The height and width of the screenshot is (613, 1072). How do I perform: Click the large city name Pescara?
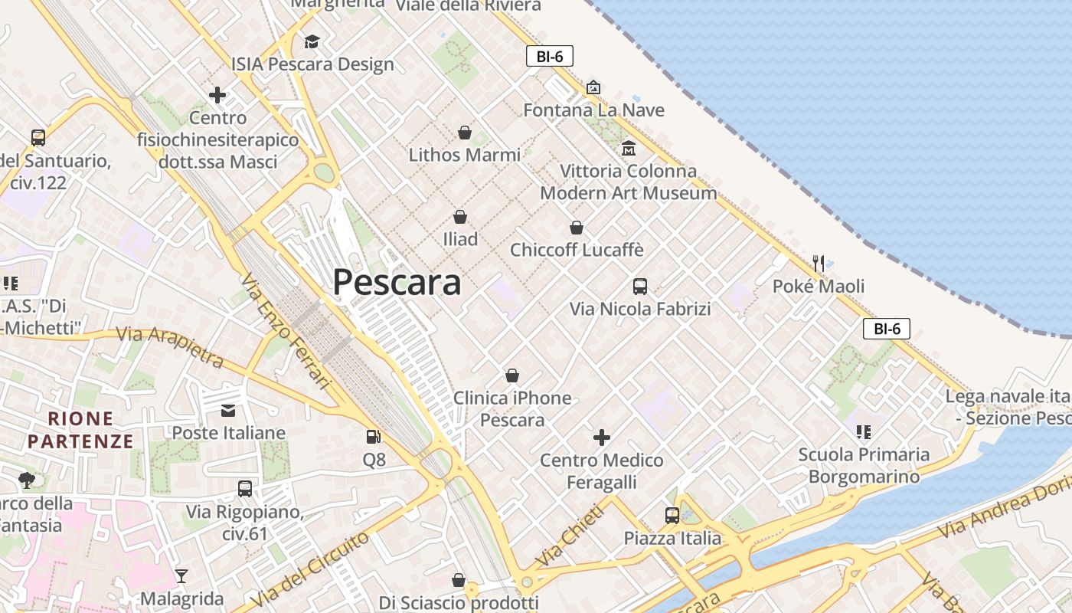[x=397, y=283]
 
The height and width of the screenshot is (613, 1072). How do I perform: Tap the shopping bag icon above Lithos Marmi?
[x=464, y=133]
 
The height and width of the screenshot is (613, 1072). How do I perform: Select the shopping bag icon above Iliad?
[x=459, y=217]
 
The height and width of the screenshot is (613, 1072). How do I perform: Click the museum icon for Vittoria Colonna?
[x=629, y=148]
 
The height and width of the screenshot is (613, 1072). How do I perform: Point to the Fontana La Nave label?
[x=593, y=110]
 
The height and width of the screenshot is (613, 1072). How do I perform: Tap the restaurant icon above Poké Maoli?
[x=819, y=264]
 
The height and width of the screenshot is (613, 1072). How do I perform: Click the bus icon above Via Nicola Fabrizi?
[x=640, y=287]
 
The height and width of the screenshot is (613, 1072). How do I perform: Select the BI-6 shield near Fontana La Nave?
[x=550, y=56]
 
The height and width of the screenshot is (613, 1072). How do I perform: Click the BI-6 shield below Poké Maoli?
[x=887, y=329]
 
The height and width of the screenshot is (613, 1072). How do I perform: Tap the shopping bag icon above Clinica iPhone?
[x=511, y=375]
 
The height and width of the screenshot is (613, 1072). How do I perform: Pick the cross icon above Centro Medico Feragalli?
[x=602, y=438]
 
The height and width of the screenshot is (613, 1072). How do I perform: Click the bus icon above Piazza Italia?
[x=672, y=516]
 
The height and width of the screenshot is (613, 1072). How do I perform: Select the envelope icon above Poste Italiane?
[x=228, y=411]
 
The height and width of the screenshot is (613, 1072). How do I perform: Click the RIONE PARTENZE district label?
[x=80, y=430]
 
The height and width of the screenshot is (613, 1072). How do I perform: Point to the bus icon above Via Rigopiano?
[x=245, y=488]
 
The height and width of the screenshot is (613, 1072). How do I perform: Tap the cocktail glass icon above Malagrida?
[x=181, y=575]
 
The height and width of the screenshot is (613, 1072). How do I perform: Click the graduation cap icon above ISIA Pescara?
[x=312, y=41]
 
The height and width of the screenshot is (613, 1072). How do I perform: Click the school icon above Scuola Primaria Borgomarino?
[x=864, y=432]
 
